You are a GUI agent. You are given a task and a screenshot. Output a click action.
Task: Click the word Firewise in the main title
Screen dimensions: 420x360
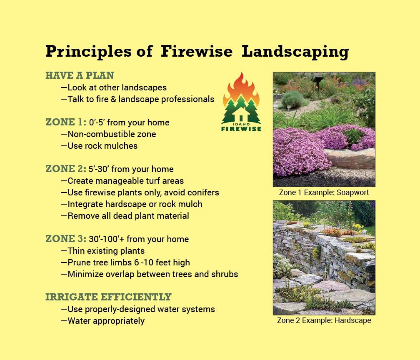197,51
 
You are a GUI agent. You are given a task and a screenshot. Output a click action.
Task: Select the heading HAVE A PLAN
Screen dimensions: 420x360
80,75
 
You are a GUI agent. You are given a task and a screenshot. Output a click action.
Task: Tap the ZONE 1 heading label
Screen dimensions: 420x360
66,122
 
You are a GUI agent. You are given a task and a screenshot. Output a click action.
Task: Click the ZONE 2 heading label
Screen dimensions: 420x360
66,169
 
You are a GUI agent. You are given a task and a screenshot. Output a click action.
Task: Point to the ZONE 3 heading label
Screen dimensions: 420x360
66,239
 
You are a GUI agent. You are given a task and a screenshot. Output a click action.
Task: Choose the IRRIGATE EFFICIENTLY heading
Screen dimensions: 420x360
108,297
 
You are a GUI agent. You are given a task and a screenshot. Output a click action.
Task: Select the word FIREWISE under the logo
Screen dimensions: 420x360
241,129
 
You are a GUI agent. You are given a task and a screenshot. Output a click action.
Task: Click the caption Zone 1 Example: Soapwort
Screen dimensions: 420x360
324,192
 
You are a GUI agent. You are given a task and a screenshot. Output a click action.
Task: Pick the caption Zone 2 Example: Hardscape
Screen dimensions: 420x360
324,320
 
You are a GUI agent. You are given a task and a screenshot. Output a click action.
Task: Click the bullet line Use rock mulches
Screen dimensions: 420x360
99,146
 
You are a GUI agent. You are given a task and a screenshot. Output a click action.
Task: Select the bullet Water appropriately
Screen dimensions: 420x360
103,321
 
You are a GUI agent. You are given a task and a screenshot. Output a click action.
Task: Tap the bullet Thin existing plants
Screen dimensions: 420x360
103,251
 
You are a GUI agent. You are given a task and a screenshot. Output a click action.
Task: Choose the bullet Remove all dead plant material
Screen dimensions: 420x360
125,216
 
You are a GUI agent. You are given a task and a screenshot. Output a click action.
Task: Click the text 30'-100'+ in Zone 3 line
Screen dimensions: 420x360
107,239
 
